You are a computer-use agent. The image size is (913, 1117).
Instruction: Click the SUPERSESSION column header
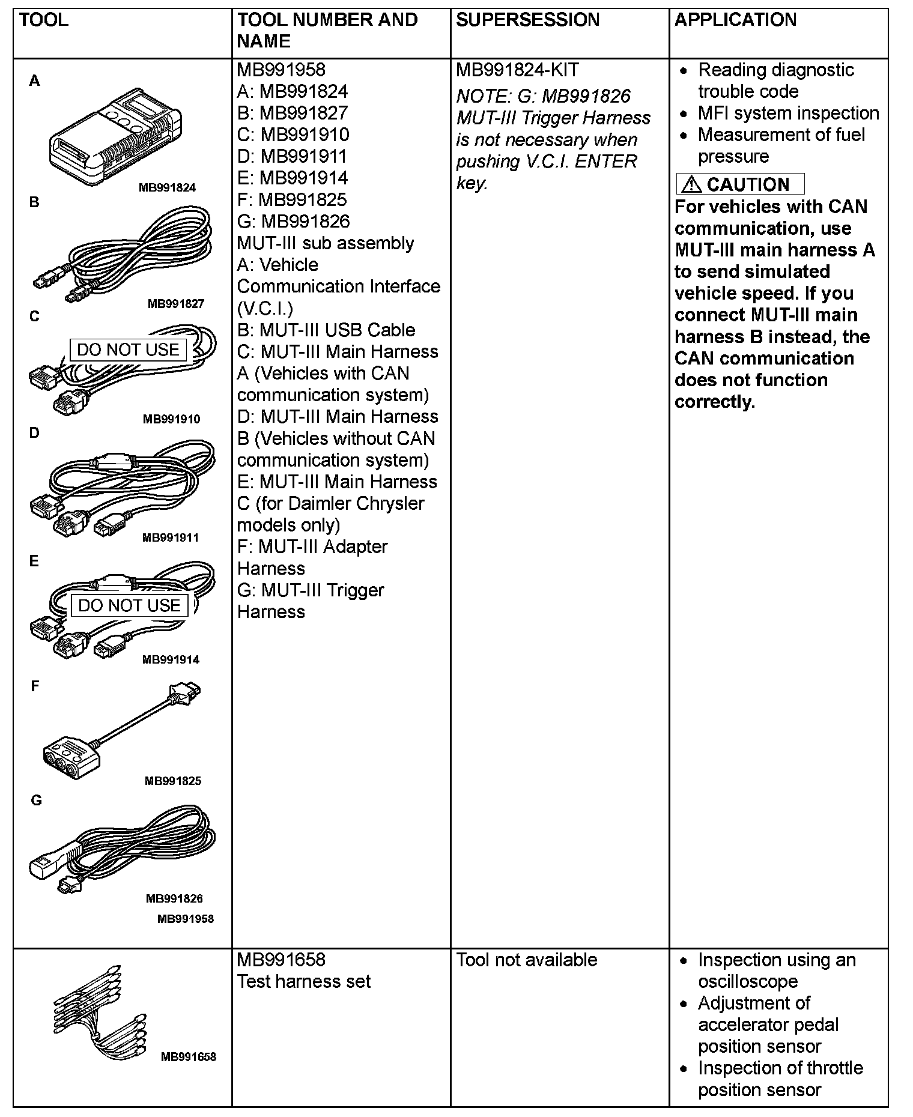coord(527,20)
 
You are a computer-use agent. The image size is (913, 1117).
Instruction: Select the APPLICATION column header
coord(735,20)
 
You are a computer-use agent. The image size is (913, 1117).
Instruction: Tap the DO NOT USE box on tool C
coord(128,350)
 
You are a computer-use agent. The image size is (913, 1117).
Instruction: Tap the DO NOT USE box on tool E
coord(129,605)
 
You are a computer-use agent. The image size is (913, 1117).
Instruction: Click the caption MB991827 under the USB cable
coord(176,304)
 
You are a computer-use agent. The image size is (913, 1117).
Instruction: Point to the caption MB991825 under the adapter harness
coord(173,781)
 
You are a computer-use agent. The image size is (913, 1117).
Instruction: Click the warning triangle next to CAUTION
coord(691,184)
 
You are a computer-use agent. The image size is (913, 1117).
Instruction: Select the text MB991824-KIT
coord(517,70)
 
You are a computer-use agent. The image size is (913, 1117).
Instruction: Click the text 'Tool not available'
coord(526,960)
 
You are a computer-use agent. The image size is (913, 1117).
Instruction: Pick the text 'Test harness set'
coord(304,981)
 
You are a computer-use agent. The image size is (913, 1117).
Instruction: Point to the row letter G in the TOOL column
coord(36,800)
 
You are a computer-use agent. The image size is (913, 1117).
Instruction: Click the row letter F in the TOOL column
coord(35,686)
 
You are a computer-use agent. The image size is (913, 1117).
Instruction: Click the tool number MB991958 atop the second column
coord(281,70)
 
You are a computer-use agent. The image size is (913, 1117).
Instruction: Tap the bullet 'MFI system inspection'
coord(788,113)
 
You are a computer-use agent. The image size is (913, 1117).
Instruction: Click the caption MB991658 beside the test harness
coord(188,1056)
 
